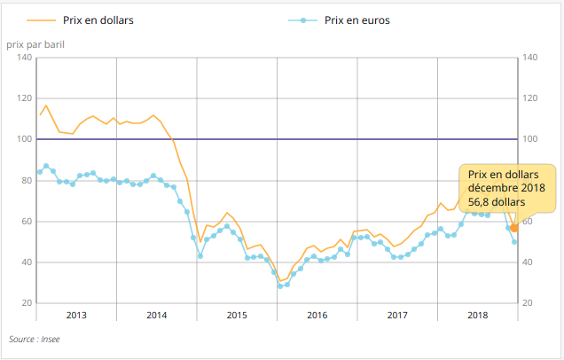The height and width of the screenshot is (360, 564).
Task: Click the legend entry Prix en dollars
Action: (x=98, y=20)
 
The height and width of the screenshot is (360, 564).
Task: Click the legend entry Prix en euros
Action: (x=356, y=20)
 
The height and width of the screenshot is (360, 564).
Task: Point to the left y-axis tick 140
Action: (x=25, y=58)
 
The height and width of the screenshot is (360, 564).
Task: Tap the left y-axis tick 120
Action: (x=25, y=98)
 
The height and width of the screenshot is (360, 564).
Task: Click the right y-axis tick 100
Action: (x=532, y=139)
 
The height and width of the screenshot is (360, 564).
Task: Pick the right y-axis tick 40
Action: (x=530, y=262)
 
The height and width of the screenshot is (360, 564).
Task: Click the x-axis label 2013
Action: (x=76, y=316)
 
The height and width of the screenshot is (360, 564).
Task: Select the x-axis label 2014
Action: (x=156, y=316)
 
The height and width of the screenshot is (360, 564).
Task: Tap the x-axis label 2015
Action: (x=237, y=316)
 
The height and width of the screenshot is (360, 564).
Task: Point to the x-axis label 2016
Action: (x=317, y=316)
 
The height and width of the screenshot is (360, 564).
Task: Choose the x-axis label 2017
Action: (x=397, y=316)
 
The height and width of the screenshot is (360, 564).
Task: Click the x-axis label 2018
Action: (x=477, y=316)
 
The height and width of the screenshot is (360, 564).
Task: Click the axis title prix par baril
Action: (x=35, y=43)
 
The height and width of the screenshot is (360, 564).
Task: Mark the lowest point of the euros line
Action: (x=280, y=286)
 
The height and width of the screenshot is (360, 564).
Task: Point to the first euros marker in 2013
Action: (x=39, y=171)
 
